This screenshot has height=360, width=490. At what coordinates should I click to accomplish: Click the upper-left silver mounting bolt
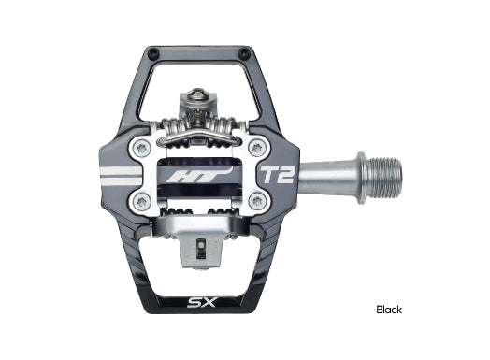click(x=141, y=147)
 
